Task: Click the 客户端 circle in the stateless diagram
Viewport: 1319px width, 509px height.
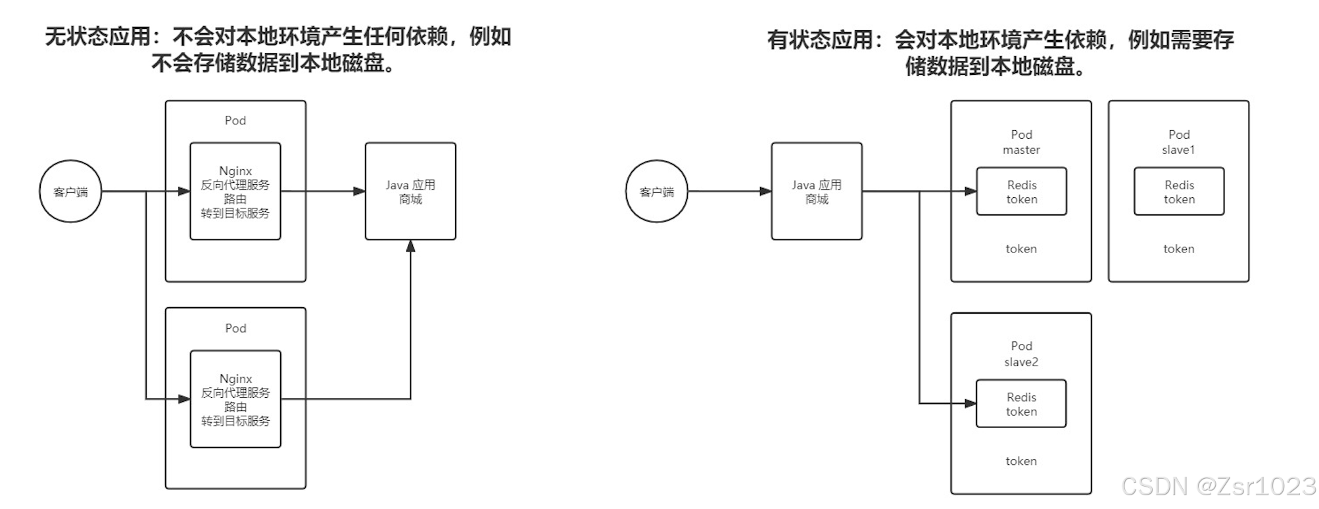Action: pos(70,191)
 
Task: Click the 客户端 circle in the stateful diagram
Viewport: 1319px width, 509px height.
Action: pos(656,191)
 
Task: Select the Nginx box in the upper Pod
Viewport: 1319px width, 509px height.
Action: pos(235,191)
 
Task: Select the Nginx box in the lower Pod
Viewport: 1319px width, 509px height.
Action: pos(235,399)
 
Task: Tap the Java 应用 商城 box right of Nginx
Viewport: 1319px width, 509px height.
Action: pos(410,191)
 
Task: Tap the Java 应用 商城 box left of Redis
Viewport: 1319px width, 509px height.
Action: pos(816,191)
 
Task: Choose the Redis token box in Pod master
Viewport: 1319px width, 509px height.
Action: pos(1021,191)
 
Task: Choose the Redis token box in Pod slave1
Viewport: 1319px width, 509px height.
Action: pos(1179,191)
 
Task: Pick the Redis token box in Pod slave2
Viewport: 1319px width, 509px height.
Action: pos(1021,404)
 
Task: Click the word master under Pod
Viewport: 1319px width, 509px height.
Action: pos(1021,150)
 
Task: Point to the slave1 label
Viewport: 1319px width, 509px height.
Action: pos(1178,150)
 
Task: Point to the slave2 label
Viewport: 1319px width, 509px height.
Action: pos(1021,362)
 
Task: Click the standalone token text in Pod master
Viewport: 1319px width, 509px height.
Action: pos(1021,249)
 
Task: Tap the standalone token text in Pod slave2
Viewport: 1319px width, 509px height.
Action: pos(1021,461)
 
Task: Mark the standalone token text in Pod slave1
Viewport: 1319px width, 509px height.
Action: pos(1178,249)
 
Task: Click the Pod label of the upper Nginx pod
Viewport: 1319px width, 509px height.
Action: pos(235,120)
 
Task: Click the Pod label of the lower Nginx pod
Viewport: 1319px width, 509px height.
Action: pos(235,328)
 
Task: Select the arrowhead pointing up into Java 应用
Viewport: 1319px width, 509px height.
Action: pos(410,247)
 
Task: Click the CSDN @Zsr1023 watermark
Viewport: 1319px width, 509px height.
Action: pos(1218,486)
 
